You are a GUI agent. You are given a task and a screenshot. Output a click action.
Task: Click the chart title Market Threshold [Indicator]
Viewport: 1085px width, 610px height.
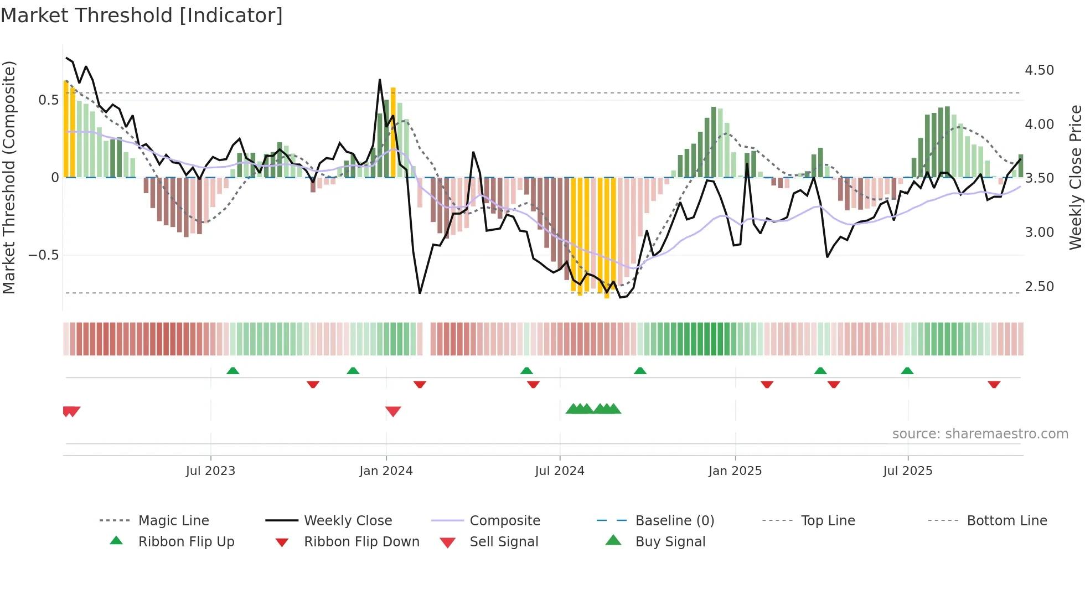click(142, 15)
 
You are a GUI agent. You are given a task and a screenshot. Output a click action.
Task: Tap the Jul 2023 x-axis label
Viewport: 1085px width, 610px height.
click(210, 471)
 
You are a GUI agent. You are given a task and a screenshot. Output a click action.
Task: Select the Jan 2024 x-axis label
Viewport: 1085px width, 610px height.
click(386, 471)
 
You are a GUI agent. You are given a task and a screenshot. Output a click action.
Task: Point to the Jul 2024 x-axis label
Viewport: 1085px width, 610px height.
click(560, 471)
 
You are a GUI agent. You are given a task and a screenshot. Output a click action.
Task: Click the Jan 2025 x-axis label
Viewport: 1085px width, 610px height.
click(735, 471)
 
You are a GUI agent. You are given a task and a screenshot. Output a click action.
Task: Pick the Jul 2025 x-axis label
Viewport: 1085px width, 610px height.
click(908, 471)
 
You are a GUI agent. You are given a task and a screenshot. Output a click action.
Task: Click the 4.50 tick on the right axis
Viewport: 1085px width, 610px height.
click(1039, 70)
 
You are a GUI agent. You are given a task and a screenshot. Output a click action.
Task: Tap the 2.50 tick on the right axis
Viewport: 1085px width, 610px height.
click(1039, 287)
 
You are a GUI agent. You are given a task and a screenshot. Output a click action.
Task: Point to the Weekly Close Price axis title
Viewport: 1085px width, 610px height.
click(1075, 177)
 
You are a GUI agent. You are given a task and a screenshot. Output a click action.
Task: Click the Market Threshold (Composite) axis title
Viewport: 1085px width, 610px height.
click(9, 177)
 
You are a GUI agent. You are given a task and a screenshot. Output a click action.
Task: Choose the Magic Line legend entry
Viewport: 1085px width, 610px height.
click(173, 521)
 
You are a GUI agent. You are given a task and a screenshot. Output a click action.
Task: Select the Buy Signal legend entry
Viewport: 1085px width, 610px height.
click(670, 542)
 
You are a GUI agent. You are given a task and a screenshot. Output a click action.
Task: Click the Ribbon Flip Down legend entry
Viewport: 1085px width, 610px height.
click(361, 542)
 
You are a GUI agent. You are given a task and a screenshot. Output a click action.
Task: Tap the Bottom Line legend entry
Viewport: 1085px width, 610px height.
click(1006, 521)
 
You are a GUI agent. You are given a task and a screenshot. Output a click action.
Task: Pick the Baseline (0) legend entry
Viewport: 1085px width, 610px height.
click(674, 521)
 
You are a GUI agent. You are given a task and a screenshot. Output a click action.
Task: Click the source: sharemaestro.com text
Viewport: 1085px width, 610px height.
click(980, 434)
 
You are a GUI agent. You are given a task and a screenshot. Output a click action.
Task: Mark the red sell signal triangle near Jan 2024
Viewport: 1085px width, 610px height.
click(393, 411)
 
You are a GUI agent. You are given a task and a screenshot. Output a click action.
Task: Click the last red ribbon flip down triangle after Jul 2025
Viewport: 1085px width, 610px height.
click(994, 384)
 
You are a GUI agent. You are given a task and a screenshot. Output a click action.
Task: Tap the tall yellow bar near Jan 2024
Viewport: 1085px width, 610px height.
click(393, 133)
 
